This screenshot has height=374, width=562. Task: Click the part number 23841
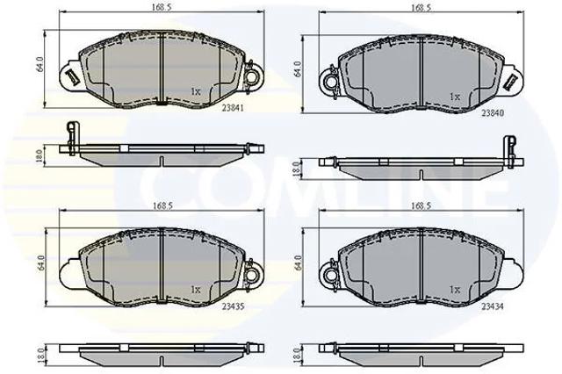pos(232,107)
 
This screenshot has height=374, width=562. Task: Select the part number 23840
pos(493,113)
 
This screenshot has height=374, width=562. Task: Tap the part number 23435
pos(233,306)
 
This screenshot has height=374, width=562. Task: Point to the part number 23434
pos(493,306)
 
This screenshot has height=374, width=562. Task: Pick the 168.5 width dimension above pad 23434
pos(421,205)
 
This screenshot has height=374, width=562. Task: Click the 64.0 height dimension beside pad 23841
pos(40,64)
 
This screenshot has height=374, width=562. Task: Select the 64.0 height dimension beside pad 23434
pos(299,263)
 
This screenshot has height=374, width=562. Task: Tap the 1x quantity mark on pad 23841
pos(196,91)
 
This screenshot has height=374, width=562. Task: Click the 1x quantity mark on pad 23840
pos(455,97)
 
